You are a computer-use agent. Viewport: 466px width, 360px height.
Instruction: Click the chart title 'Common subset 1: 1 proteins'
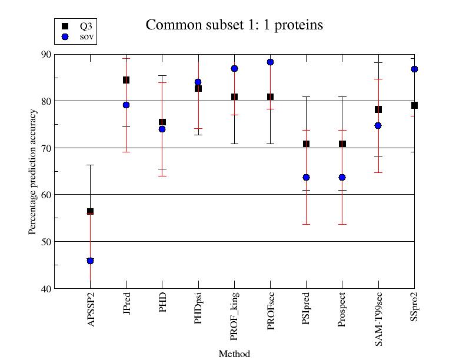click(234, 25)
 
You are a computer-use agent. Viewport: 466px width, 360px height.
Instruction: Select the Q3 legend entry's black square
click(65, 26)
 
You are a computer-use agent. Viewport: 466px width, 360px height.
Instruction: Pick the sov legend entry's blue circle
click(65, 36)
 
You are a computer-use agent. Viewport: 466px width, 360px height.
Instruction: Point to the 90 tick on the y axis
click(45, 54)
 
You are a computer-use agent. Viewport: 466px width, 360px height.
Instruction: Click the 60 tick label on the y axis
click(45, 195)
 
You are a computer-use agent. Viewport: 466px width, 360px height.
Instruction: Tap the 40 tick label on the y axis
click(45, 288)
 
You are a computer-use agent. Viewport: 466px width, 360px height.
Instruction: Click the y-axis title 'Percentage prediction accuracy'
click(33, 171)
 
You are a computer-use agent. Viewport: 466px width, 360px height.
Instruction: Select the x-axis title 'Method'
click(234, 354)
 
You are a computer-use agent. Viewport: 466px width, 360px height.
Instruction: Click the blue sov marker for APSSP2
click(90, 261)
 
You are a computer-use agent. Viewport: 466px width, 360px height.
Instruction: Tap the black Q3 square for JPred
click(126, 80)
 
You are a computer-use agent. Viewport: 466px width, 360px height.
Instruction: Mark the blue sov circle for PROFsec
click(270, 62)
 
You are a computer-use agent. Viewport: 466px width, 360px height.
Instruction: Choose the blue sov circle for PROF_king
click(234, 68)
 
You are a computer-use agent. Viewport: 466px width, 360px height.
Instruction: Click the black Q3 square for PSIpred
click(306, 144)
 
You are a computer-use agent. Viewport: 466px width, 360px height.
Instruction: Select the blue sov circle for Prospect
click(342, 177)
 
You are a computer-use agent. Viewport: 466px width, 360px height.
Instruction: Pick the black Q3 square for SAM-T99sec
click(378, 109)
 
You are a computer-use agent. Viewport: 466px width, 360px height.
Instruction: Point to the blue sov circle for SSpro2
click(414, 69)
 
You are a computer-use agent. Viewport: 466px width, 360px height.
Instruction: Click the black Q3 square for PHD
click(162, 122)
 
